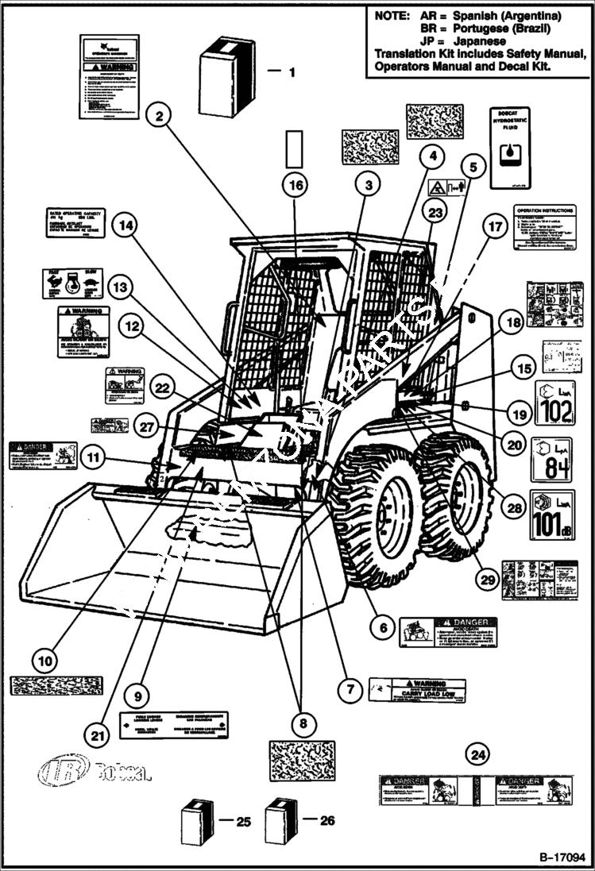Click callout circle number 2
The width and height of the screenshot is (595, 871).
coord(160,116)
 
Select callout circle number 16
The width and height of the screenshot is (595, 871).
coord(295,185)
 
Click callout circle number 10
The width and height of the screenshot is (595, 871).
coord(44,659)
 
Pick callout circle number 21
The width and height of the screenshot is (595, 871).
coord(97,737)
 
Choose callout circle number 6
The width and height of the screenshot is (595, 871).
coord(382,627)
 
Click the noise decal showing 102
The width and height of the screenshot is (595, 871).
coord(554,403)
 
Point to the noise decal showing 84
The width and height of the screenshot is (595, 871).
coord(554,458)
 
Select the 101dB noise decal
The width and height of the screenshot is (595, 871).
coord(554,515)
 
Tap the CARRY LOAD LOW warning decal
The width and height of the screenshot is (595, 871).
coord(417,690)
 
